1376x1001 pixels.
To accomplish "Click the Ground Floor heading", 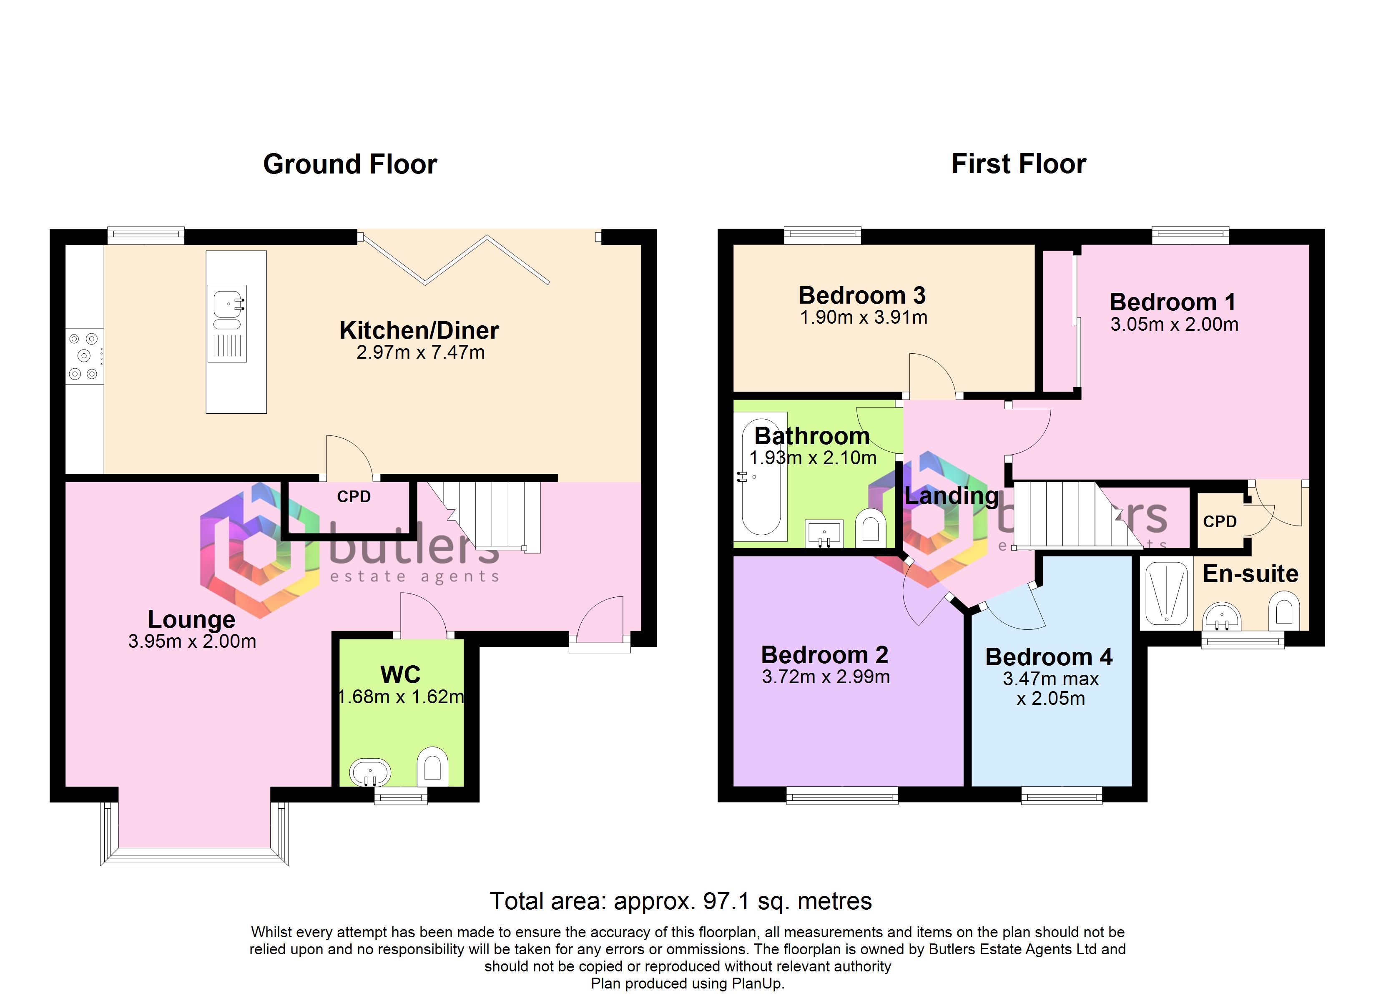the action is pos(350,164).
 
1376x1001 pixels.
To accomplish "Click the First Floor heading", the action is pos(1019,164).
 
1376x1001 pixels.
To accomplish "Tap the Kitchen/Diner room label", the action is pos(419,330).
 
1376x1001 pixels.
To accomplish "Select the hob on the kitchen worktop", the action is pos(84,356).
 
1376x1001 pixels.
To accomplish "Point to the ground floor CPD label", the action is pos(354,497).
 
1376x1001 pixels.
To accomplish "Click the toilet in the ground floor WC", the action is pos(432,766).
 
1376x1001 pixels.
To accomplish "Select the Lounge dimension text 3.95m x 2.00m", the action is pos(192,641).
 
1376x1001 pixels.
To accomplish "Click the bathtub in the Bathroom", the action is pos(761,477).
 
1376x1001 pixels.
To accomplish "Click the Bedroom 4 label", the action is pos(1049,657).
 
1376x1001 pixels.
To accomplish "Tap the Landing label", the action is pos(951,496).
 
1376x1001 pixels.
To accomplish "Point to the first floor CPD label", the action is pos(1220,521).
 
